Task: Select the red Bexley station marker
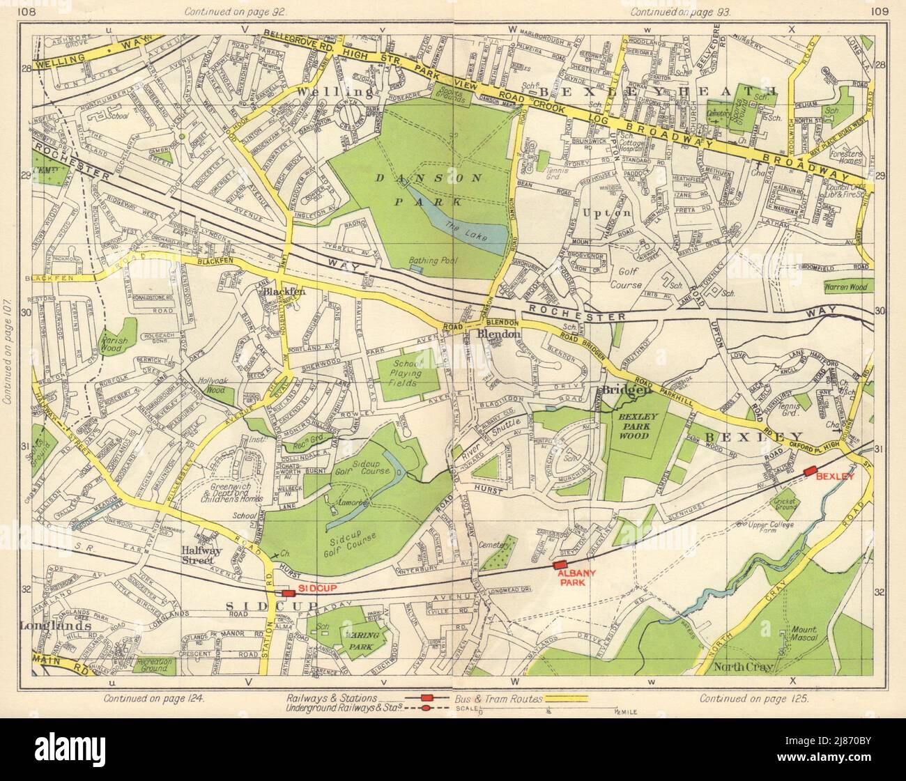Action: click(809, 472)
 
